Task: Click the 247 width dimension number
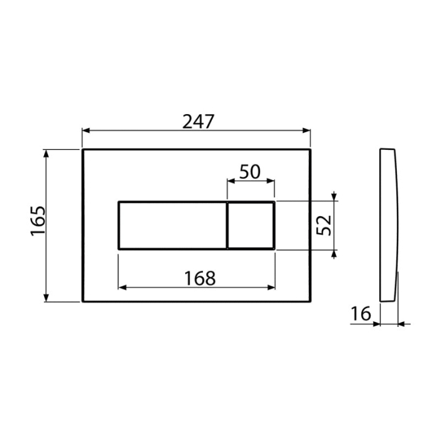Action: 198,122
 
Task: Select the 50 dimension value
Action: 250,172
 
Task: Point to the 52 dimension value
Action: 323,225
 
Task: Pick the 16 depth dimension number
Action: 361,313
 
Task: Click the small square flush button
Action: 251,226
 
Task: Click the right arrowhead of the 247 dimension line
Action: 307,131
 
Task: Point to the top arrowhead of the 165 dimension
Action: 46,153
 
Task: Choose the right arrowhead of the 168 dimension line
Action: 272,287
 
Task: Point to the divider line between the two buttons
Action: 227,226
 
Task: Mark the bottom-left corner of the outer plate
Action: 83,301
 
